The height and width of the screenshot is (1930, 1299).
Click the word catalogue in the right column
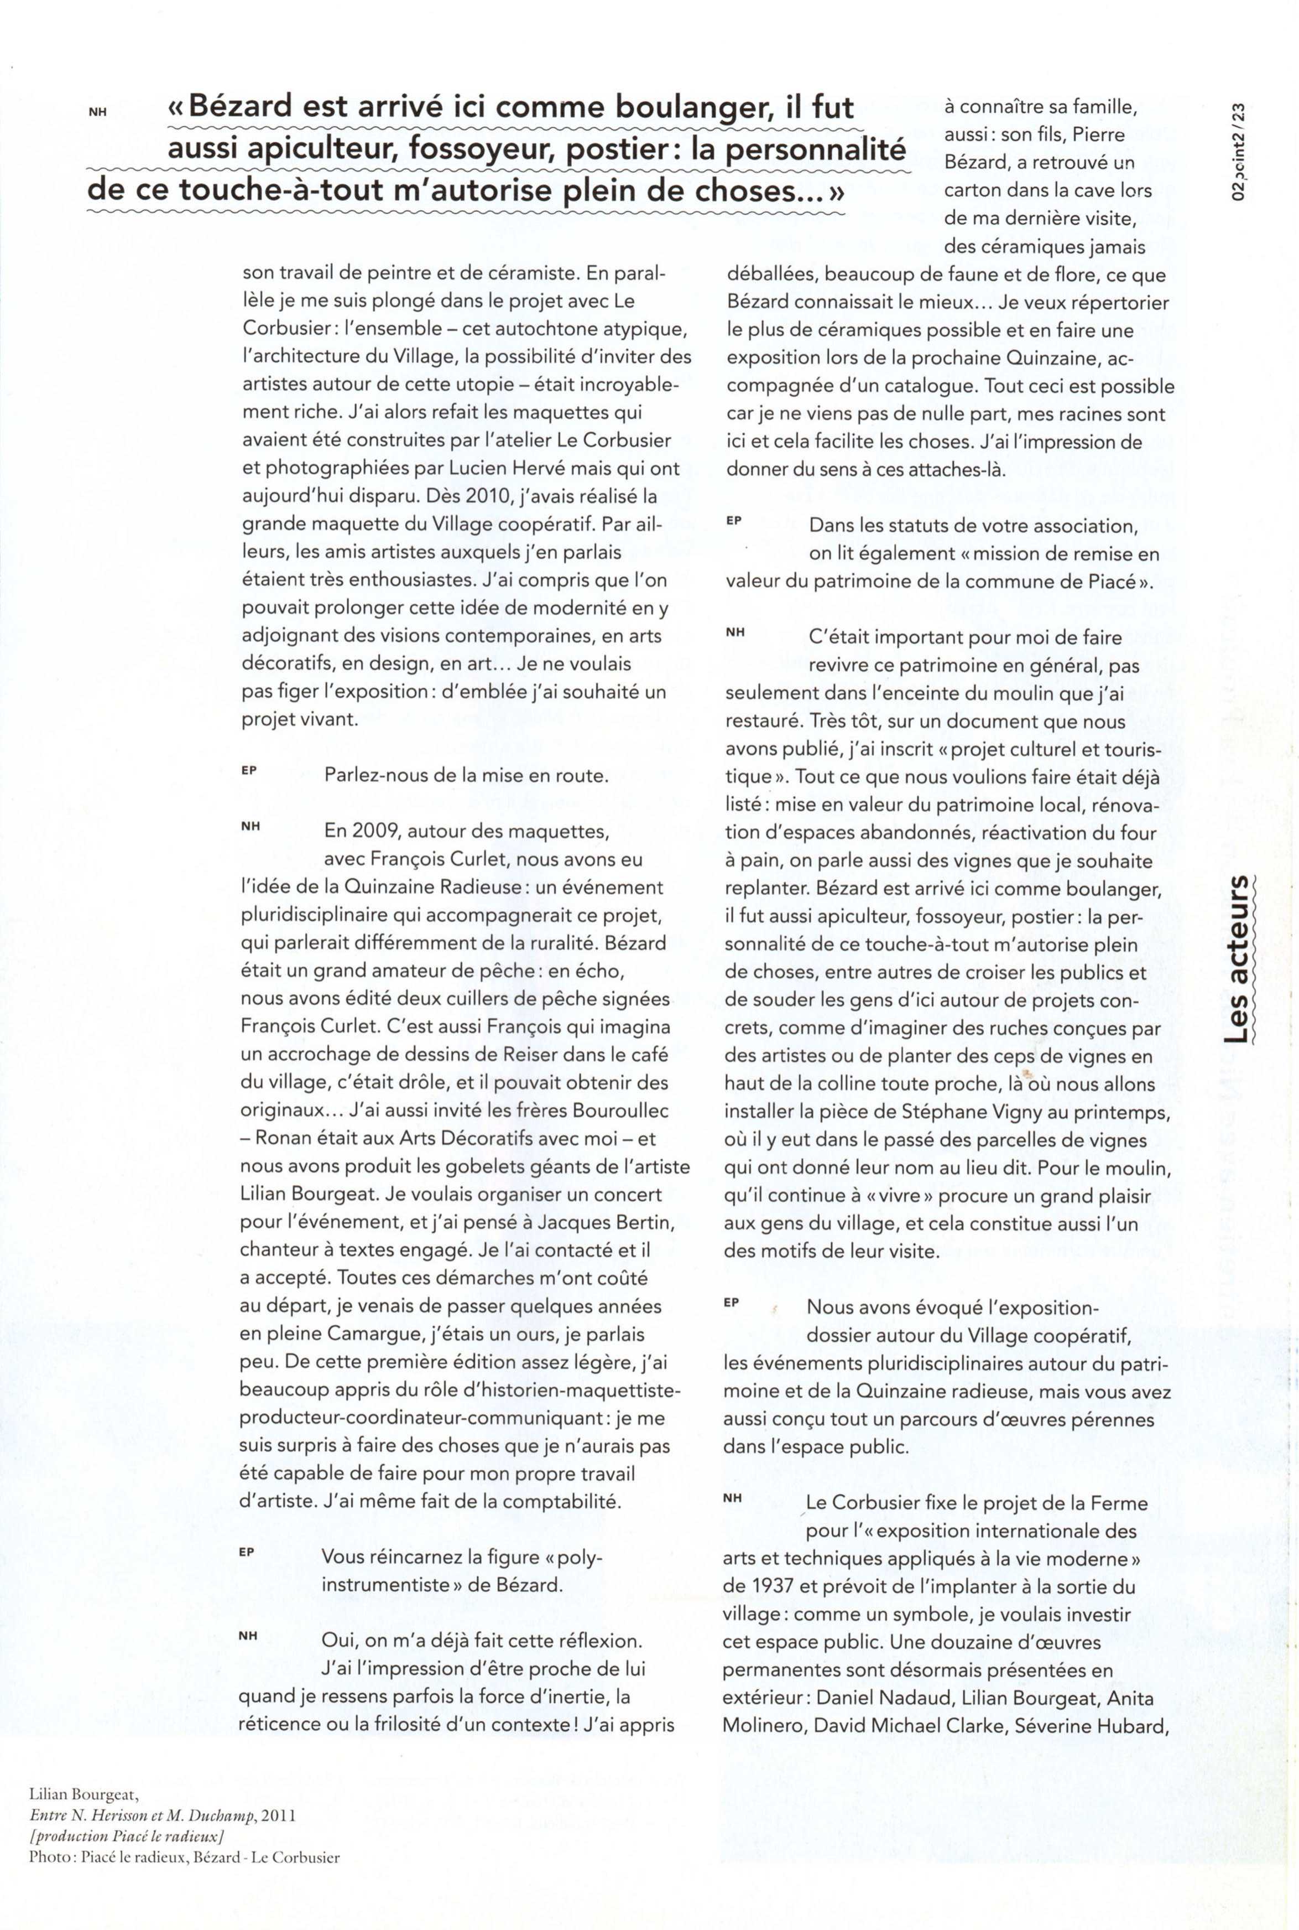pos(930,386)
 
